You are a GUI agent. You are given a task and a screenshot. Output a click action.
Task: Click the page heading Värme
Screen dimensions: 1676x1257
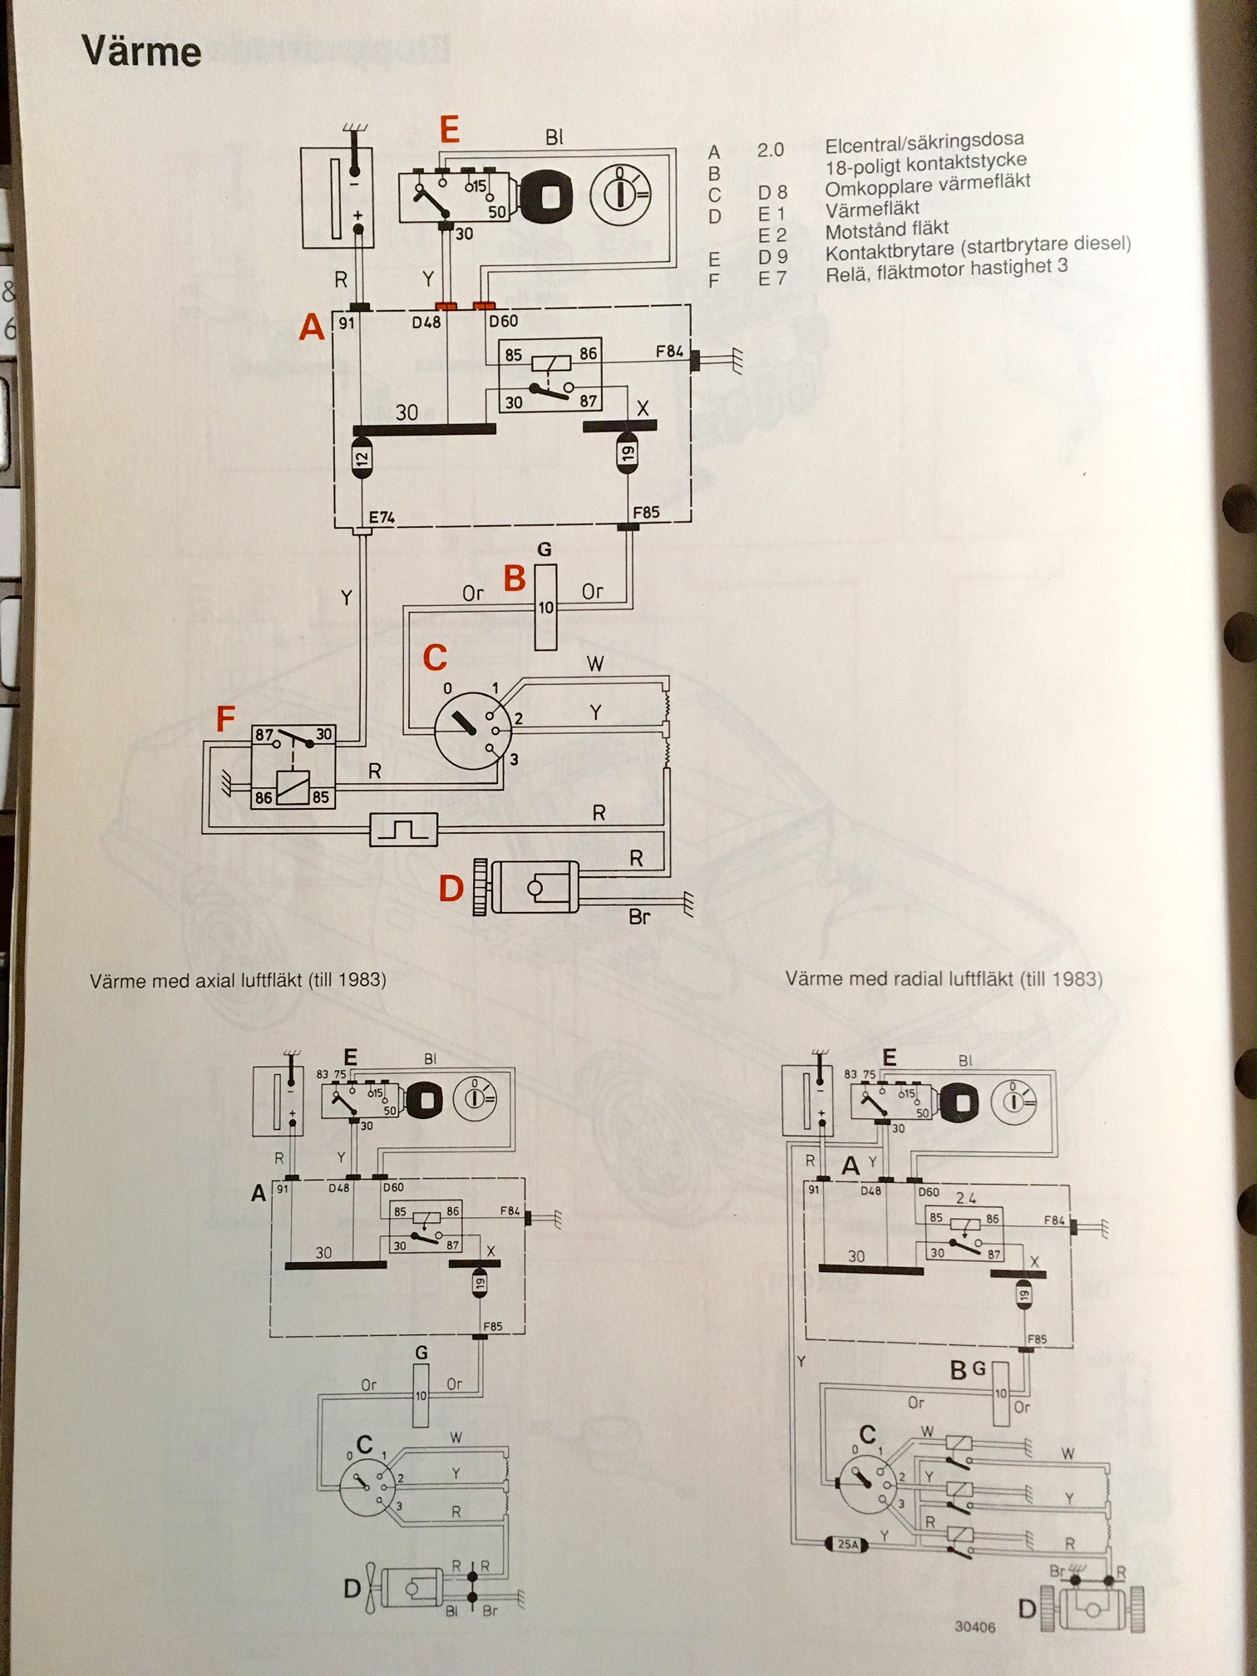(141, 52)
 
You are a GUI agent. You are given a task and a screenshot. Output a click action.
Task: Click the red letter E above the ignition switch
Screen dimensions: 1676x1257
(449, 130)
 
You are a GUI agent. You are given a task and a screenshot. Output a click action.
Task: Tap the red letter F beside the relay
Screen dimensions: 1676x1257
(225, 719)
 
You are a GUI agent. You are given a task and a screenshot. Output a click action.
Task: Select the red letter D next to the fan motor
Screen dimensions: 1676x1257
(451, 888)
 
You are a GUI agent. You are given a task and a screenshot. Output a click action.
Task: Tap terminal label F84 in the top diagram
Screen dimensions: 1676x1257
(669, 352)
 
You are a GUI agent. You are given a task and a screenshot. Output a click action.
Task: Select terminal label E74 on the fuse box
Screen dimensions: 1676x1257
(382, 517)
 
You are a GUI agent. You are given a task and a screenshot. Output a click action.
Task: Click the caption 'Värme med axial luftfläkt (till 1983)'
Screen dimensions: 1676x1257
(238, 980)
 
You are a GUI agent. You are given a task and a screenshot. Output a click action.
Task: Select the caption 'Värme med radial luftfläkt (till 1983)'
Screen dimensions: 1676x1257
(944, 978)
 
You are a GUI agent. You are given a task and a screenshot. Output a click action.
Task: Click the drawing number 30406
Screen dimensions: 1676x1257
(974, 1627)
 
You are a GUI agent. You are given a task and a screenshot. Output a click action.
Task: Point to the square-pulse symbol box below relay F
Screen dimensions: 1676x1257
(403, 829)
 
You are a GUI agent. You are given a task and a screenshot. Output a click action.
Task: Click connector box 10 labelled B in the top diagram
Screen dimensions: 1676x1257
(545, 607)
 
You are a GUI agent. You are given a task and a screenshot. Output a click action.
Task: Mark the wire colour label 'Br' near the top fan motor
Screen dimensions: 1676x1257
(638, 917)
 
